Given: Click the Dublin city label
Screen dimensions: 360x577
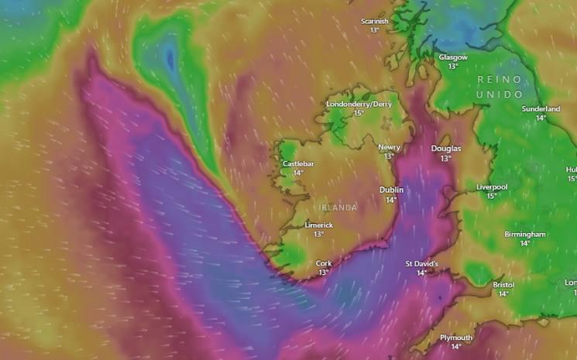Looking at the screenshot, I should point(391,190).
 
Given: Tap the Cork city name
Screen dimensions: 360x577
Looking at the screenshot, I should point(324,263).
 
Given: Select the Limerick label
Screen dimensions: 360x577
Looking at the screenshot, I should point(318,225).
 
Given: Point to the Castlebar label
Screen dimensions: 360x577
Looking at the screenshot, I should point(298,163).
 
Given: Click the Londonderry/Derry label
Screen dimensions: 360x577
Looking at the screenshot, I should point(359,104).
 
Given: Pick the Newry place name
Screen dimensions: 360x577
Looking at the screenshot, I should point(389,147).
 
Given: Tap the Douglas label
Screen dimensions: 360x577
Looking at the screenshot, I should point(445,149).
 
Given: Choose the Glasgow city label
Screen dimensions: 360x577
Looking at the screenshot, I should point(453,57).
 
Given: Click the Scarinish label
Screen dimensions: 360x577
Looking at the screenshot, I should point(375,21).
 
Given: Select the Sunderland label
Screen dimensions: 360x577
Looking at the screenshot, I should point(541,109).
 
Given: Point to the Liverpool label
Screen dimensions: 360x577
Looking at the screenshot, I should point(492,187).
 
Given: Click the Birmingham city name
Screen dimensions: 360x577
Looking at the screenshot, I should point(525,234).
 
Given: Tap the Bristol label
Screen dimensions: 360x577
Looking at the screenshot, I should point(503,284).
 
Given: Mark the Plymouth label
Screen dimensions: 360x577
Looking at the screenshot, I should point(456,338).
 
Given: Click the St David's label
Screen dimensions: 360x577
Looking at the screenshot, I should point(422,263).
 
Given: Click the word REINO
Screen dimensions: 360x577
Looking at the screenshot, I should point(500,80).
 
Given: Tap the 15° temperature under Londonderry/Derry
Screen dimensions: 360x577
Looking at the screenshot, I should point(359,113).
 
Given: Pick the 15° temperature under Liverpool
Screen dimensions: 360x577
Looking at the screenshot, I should point(492,196).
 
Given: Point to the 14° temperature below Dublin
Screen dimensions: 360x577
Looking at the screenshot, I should point(391,199).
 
